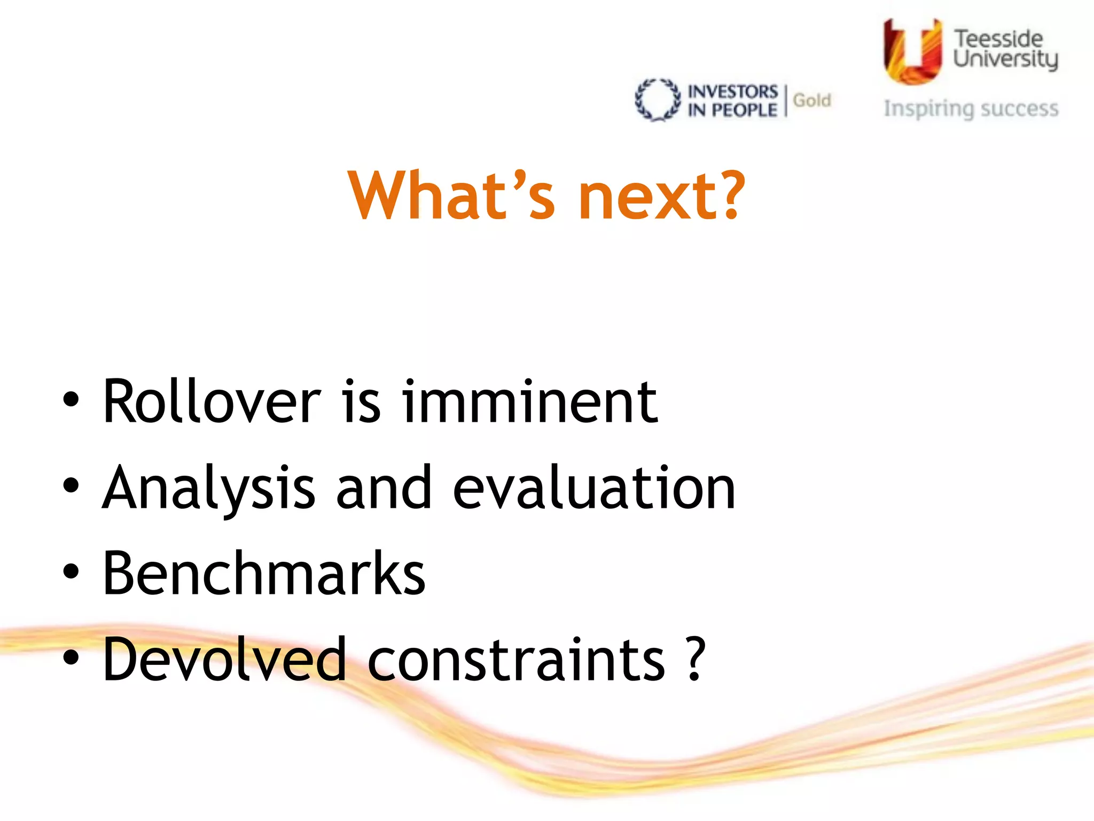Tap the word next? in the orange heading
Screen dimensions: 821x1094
(661, 195)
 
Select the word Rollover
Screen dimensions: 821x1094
(212, 402)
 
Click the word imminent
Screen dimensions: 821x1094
(529, 402)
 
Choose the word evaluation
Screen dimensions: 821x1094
(594, 487)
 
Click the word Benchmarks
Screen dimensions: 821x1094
(264, 574)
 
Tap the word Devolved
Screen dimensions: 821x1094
(224, 660)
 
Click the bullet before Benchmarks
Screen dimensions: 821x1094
(71, 571)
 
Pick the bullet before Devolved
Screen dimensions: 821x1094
(71, 658)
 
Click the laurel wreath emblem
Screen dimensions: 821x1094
(658, 100)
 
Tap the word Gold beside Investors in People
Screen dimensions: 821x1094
(811, 100)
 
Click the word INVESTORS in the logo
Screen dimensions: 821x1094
(732, 91)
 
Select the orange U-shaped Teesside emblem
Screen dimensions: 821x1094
(912, 51)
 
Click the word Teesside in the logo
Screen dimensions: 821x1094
(998, 39)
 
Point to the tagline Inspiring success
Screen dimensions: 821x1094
(971, 109)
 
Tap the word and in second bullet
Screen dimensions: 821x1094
(384, 487)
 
